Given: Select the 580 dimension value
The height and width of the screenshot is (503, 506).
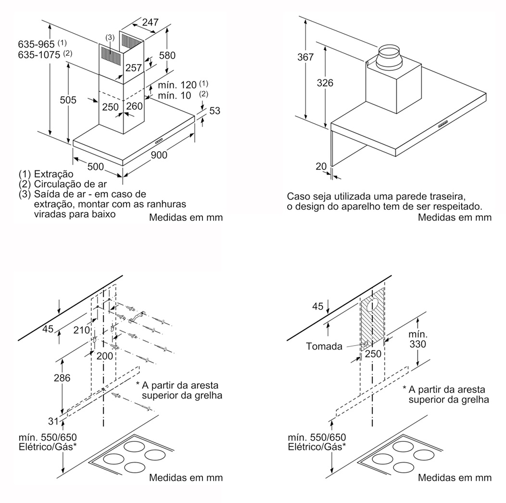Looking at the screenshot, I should tap(167, 55).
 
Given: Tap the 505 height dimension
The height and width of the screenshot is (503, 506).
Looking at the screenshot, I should tap(68, 100).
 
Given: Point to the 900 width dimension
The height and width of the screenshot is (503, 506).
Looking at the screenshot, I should tap(159, 155).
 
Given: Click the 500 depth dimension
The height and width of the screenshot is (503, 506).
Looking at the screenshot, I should tap(95, 167).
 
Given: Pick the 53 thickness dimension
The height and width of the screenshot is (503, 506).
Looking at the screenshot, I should tap(215, 111).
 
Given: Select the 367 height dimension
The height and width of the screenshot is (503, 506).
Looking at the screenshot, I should tap(305, 57).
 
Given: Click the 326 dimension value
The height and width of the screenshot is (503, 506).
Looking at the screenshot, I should tap(325, 83).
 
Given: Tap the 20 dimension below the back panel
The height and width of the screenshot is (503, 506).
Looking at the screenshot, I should tap(320, 166).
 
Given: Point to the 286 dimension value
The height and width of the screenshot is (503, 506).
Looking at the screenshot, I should tap(62, 378).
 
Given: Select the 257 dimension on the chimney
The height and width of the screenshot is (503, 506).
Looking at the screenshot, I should tap(134, 68).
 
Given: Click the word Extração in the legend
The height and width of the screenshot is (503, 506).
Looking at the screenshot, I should tap(53, 174).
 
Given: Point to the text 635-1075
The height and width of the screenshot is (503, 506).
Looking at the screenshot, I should tap(39, 55).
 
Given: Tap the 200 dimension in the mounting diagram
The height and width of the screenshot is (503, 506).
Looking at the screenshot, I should tap(104, 356).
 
